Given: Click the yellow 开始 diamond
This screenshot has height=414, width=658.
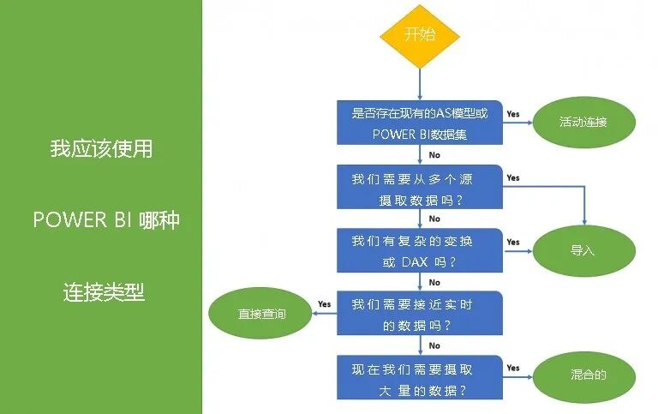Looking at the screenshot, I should [x=420, y=36].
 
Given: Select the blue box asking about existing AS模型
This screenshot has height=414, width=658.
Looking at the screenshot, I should [x=420, y=123].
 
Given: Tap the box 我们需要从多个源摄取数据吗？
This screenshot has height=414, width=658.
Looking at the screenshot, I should [x=420, y=188].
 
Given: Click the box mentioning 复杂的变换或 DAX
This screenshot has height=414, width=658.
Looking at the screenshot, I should [x=420, y=251].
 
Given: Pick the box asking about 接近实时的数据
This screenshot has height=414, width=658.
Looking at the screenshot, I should [x=420, y=315].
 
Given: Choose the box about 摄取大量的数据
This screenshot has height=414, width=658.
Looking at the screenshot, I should [x=420, y=378].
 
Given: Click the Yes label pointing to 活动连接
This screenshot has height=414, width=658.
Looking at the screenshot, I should [x=512, y=113].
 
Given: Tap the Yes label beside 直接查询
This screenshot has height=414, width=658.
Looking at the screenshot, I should [x=324, y=304].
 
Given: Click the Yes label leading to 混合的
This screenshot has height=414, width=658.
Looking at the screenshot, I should [x=512, y=369].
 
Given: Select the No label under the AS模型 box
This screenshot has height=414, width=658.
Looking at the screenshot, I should [x=434, y=155].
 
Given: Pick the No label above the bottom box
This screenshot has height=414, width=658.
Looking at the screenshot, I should [x=434, y=346].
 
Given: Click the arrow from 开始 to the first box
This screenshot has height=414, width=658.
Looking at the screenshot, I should [x=420, y=84].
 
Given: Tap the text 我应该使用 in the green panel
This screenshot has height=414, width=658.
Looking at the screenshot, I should [x=101, y=148].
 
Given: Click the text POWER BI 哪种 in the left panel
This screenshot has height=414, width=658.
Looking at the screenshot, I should [x=106, y=219].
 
